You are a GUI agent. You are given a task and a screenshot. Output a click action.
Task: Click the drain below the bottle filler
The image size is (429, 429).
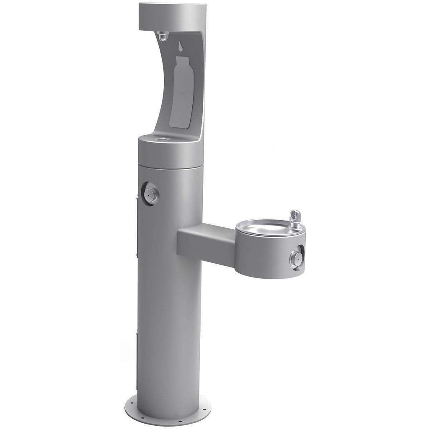click(159, 139)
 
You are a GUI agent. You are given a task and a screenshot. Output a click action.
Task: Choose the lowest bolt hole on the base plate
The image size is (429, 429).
click(179, 421)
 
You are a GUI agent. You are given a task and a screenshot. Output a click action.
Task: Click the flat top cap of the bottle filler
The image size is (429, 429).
click(172, 13)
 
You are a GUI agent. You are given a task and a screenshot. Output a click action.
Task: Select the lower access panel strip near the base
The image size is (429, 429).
click(137, 360)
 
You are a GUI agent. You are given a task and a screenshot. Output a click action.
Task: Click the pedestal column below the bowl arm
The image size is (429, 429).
click(168, 327)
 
